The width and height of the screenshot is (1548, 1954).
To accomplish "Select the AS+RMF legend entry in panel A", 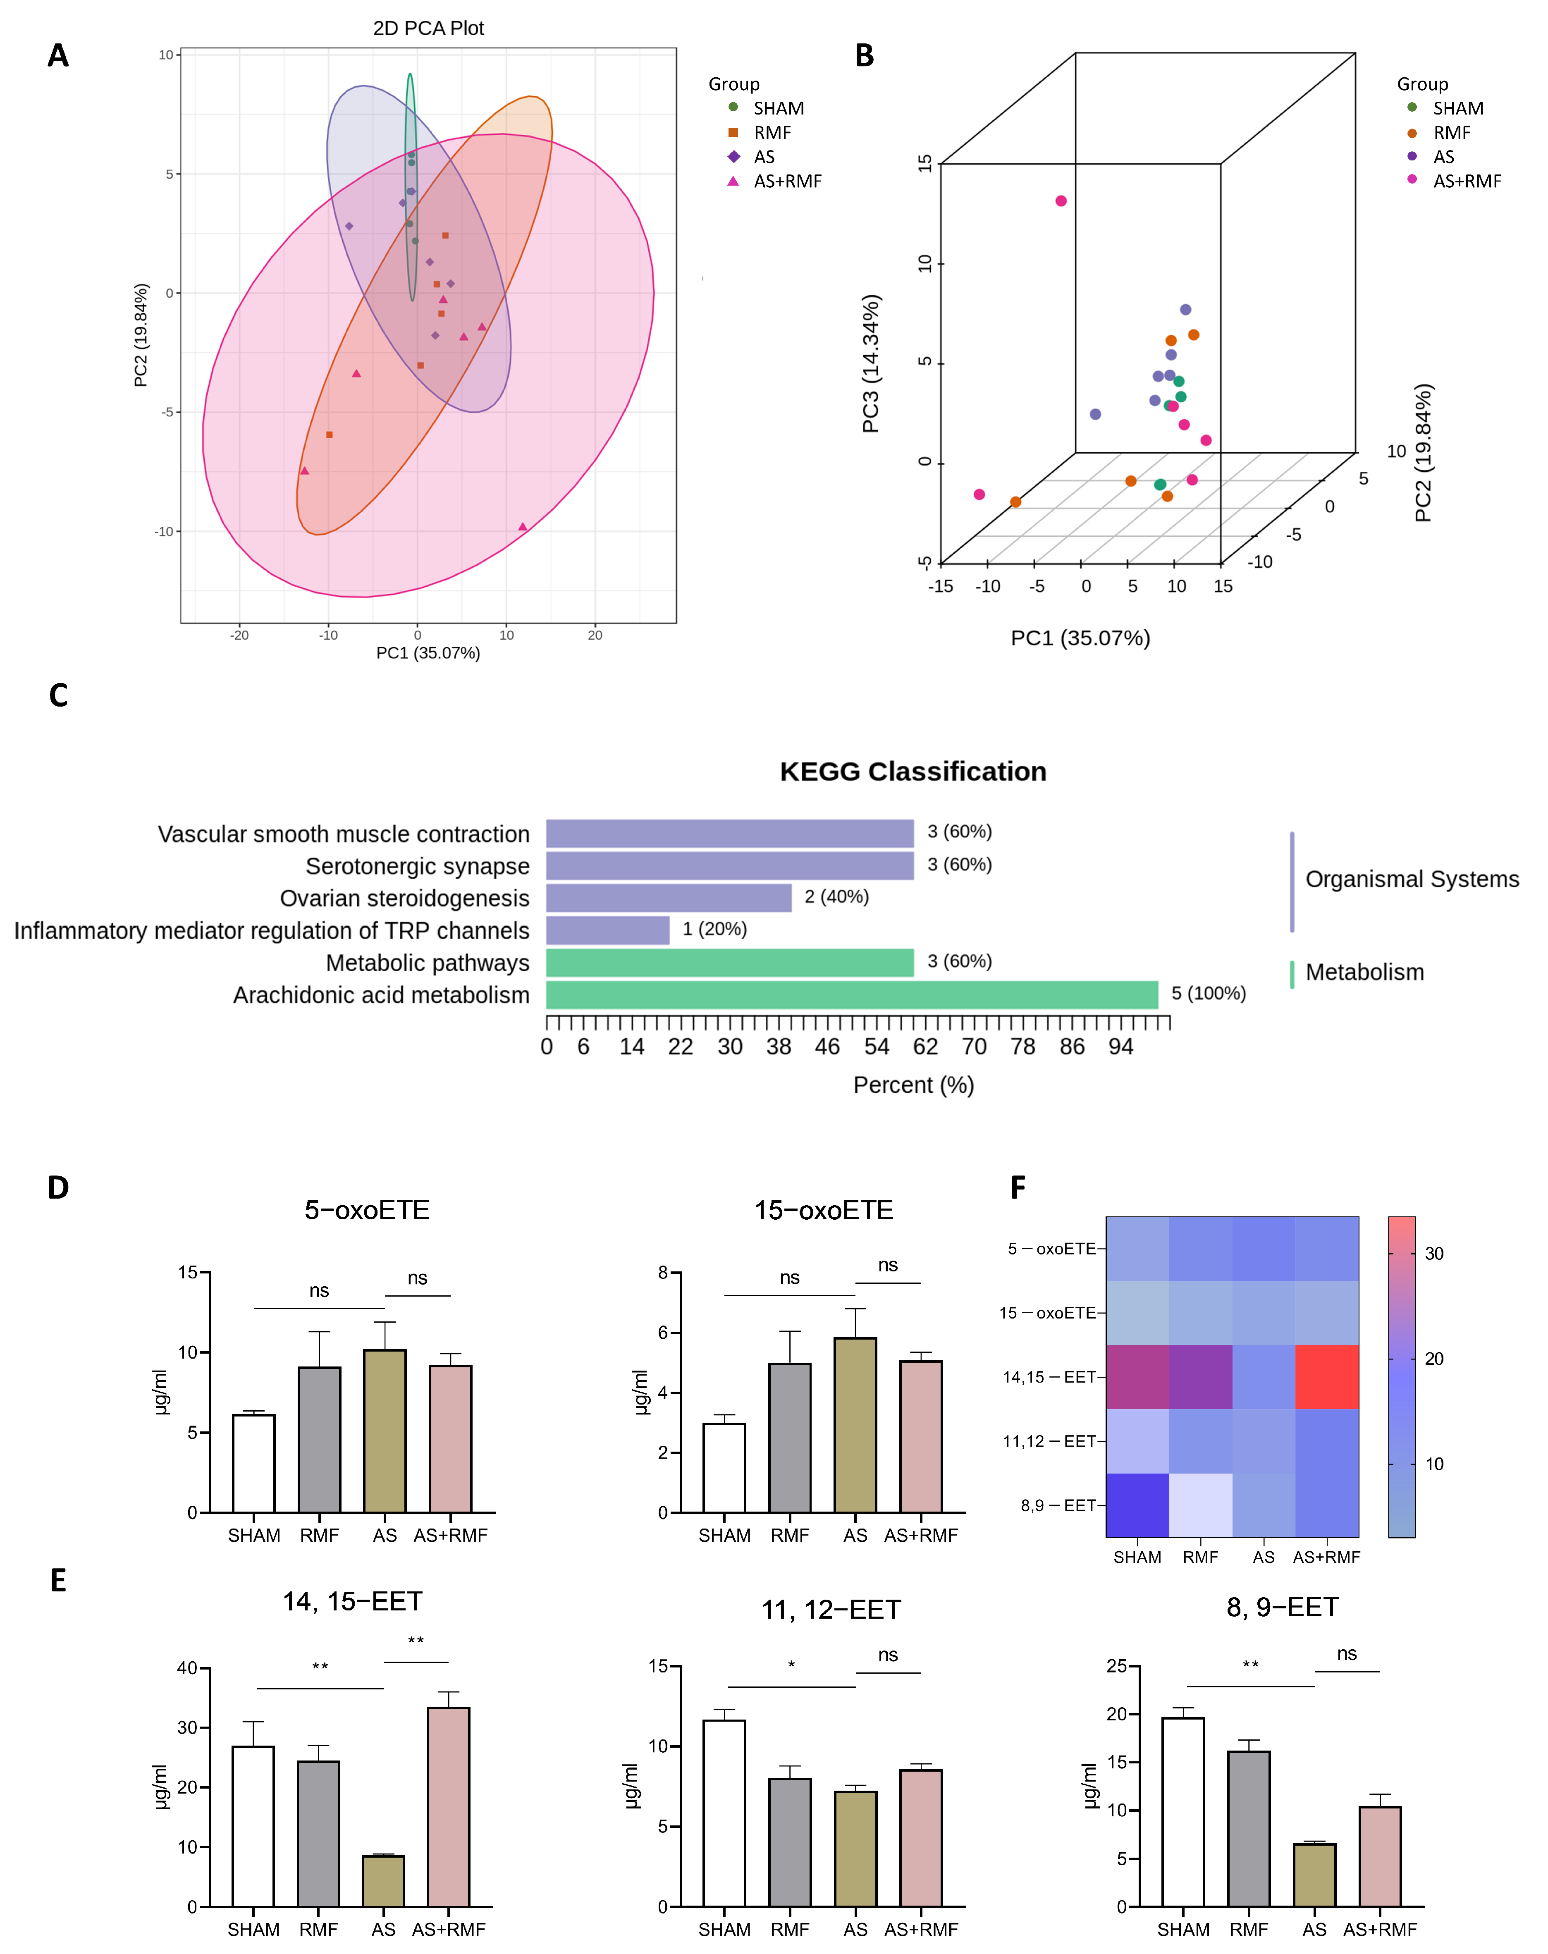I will pyautogui.click(x=787, y=181).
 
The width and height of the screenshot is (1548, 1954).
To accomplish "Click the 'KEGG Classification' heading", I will pyautogui.click(x=913, y=771).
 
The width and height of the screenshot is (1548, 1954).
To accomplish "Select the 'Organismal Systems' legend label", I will pyautogui.click(x=1411, y=879).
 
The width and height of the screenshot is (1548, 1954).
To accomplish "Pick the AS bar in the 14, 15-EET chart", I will pyautogui.click(x=383, y=1880).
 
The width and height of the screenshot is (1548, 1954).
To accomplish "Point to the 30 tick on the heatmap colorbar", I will pyautogui.click(x=1434, y=1254).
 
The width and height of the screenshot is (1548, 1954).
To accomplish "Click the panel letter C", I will pyautogui.click(x=58, y=695).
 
